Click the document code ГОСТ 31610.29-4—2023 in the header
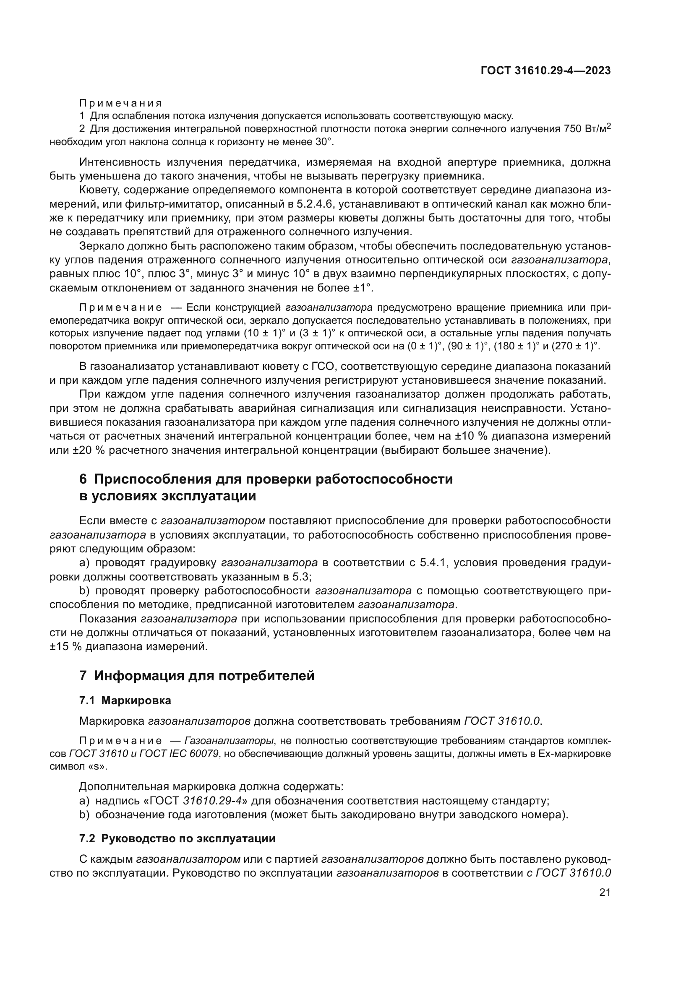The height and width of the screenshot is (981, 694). tap(545, 70)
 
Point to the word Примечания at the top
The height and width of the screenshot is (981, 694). tap(120, 103)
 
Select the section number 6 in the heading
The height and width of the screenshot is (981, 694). tap(83, 479)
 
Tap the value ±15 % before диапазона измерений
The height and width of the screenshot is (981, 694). tap(65, 646)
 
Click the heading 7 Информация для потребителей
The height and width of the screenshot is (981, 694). tap(197, 676)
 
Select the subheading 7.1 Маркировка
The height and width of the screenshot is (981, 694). tap(125, 701)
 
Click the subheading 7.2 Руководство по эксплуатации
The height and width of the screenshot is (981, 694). tap(177, 839)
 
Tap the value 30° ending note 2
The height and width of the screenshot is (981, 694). tap(324, 141)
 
